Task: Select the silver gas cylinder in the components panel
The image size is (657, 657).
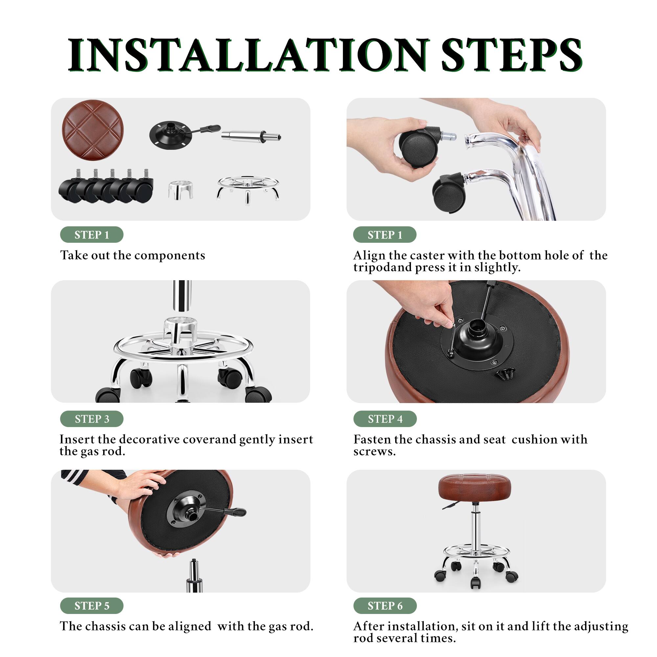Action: pyautogui.click(x=251, y=136)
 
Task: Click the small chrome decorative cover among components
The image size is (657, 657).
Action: pyautogui.click(x=181, y=190)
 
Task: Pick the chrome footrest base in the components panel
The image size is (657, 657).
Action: pyautogui.click(x=248, y=189)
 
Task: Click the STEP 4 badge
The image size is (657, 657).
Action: pyautogui.click(x=385, y=419)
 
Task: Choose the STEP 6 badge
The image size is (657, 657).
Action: pyautogui.click(x=385, y=606)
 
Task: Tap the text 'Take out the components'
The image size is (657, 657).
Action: pyautogui.click(x=133, y=255)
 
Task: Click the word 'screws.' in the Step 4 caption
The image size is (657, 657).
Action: pyautogui.click(x=374, y=452)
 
